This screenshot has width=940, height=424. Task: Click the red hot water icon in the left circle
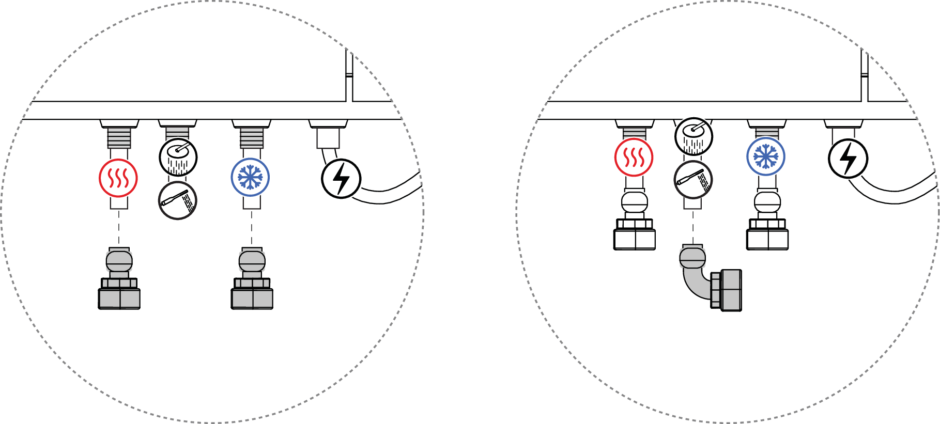[x=118, y=178]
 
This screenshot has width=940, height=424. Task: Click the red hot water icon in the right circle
[x=634, y=157]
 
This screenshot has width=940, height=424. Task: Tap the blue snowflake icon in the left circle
[x=250, y=177]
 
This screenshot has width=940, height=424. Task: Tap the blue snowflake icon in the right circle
[x=766, y=156]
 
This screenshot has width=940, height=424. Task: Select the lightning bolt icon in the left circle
[x=341, y=179]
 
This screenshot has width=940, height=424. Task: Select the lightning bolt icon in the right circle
[x=847, y=159]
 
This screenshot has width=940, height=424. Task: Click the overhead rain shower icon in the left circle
[x=178, y=157]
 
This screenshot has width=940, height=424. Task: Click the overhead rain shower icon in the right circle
[x=694, y=136]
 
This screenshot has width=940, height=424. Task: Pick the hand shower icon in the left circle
[x=178, y=200]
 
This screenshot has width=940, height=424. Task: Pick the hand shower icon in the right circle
[x=694, y=180]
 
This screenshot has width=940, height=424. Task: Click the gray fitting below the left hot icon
[x=119, y=281]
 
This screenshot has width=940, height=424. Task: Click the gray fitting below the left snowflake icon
[x=252, y=281]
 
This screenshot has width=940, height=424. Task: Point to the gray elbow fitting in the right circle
[x=708, y=281]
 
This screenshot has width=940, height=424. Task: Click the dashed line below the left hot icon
[x=119, y=227]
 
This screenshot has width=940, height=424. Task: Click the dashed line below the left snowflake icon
[x=252, y=227]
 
